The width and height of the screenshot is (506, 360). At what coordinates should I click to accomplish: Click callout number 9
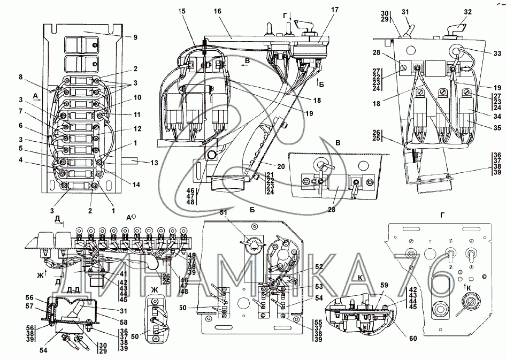click(x=135, y=37)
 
